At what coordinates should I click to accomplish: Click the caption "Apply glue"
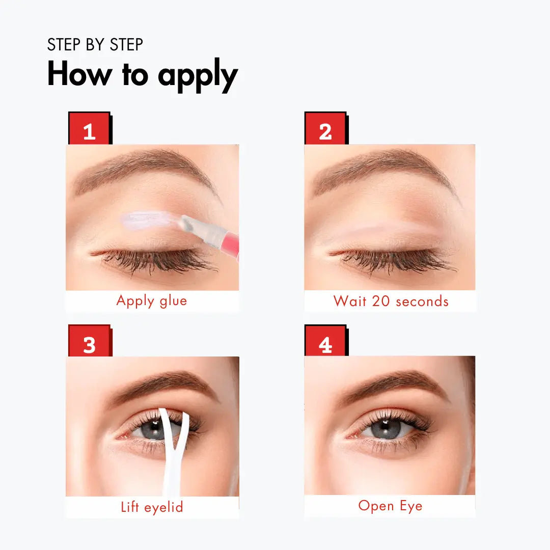(152, 301)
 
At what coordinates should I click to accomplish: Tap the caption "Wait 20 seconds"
(391, 301)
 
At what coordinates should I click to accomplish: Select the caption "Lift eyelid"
(152, 507)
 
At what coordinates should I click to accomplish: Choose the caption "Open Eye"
(390, 506)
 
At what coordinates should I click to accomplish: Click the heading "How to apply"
(143, 75)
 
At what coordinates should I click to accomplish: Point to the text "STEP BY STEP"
(95, 45)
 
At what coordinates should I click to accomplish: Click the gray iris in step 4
(387, 428)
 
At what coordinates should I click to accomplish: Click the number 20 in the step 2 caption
(380, 301)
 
